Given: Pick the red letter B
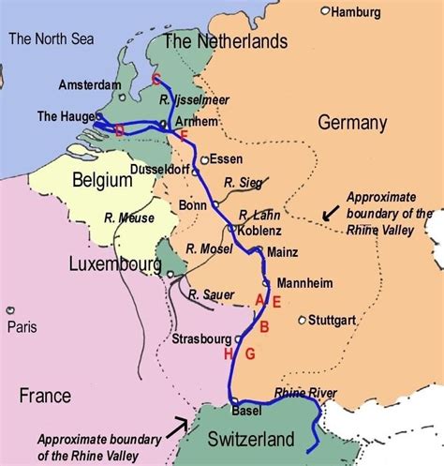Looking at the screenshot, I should click(x=264, y=326).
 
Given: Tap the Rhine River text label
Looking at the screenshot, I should click(x=304, y=393).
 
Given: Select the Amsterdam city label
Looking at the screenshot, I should click(x=89, y=84).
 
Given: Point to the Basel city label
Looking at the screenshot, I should click(x=245, y=411).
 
